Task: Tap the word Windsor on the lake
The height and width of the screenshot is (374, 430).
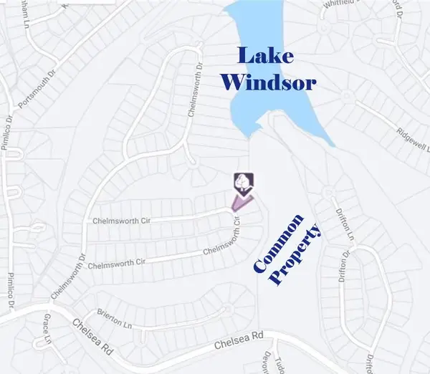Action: [x=268, y=82]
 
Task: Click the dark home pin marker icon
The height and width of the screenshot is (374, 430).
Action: [x=243, y=182]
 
